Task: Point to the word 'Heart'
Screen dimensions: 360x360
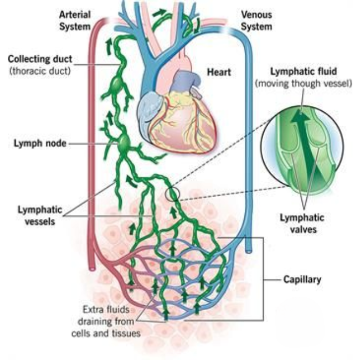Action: point(218,71)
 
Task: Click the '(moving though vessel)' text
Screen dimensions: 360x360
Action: point(304,84)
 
